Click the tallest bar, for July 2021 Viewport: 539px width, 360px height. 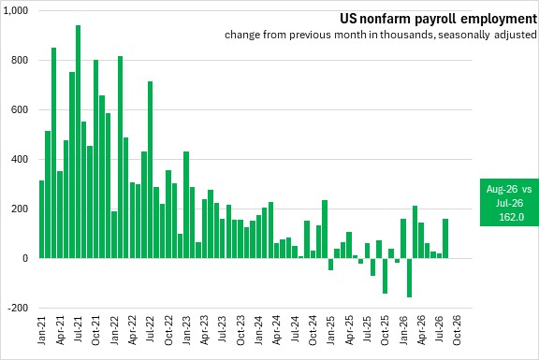tap(78, 141)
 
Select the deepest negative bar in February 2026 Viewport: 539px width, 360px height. tap(409, 278)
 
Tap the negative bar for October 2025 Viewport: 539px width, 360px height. tap(385, 276)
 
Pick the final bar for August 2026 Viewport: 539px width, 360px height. tap(445, 238)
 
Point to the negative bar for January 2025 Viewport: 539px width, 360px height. tap(330, 265)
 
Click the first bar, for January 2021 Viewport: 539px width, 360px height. tap(42, 219)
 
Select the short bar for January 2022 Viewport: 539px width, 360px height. tap(114, 235)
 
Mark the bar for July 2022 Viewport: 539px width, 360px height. tap(151, 169)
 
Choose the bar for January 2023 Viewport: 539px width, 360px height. tap(186, 205)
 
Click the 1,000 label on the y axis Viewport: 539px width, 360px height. tap(16, 10)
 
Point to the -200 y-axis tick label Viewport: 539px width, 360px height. tap(18, 308)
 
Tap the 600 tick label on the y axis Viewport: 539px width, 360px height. tap(21, 110)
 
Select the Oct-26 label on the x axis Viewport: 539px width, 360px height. tap(457, 330)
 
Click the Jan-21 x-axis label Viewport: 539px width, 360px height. tap(41, 330)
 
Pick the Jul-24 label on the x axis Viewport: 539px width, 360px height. tap(295, 330)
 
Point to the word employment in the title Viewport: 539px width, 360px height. tap(499, 19)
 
